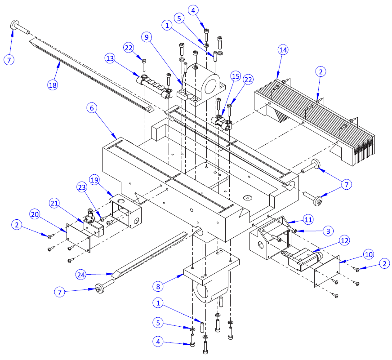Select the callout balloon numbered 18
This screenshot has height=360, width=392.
coord(53,84)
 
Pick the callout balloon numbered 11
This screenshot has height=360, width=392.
coord(308,219)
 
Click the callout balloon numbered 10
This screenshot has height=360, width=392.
coord(368,254)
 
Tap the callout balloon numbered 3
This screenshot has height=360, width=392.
coord(328,231)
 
